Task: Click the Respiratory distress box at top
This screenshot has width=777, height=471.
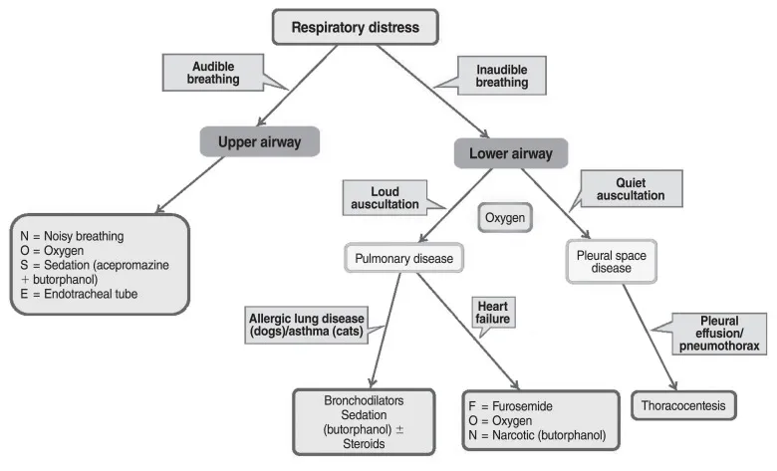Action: tap(355, 27)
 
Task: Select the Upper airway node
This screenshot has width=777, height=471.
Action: tap(258, 141)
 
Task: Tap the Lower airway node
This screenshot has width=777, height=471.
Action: tap(510, 153)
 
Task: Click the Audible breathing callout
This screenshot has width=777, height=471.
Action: tap(213, 72)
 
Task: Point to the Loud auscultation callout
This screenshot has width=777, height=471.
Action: tap(384, 197)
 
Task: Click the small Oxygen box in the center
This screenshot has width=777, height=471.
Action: tap(505, 218)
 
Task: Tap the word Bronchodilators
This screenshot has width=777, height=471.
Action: tap(364, 399)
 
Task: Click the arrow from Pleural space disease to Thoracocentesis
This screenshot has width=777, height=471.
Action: tap(650, 338)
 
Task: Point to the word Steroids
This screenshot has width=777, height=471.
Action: tap(364, 445)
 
